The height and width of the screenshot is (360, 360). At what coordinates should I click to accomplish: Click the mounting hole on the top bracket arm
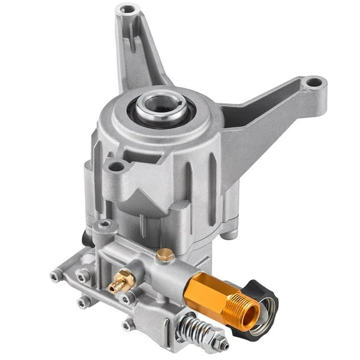(x=127, y=9)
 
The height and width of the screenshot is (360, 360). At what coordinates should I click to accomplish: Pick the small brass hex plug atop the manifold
(x=165, y=254)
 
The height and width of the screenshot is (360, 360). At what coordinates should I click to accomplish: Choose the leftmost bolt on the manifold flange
(x=56, y=274)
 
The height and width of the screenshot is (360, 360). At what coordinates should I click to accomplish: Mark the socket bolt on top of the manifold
(x=105, y=224)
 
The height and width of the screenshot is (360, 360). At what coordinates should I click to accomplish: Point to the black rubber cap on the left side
(x=86, y=237)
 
